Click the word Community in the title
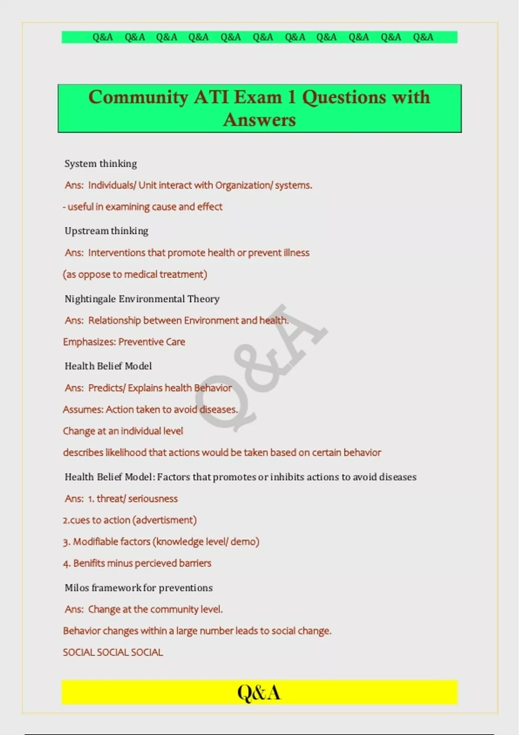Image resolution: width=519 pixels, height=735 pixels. pyautogui.click(x=138, y=97)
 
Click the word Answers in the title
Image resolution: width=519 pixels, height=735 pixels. pyautogui.click(x=259, y=120)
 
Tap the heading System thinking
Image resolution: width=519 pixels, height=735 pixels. pyautogui.click(x=101, y=163)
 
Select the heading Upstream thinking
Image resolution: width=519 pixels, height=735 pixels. pyautogui.click(x=106, y=231)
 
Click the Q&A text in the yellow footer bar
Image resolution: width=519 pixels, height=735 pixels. pyautogui.click(x=259, y=693)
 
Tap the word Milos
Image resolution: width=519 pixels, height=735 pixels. pyautogui.click(x=77, y=588)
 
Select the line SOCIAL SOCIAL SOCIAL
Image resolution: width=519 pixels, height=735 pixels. pyautogui.click(x=113, y=652)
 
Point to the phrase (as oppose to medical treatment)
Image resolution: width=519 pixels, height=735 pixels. pyautogui.click(x=135, y=275)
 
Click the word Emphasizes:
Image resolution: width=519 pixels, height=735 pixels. pyautogui.click(x=89, y=342)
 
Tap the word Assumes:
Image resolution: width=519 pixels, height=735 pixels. pyautogui.click(x=83, y=409)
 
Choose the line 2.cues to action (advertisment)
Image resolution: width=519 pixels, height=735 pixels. pyautogui.click(x=130, y=520)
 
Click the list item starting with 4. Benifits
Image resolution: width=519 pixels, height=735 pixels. pyautogui.click(x=137, y=563)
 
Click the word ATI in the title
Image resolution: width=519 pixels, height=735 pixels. pyautogui.click(x=211, y=97)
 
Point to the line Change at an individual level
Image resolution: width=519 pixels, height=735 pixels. pyautogui.click(x=123, y=431)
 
